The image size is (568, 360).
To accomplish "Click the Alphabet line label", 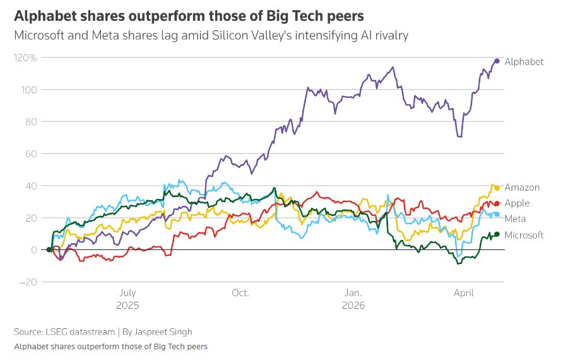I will [524, 61].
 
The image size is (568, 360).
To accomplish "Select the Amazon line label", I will [522, 188].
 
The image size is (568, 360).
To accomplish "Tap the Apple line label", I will [517, 203].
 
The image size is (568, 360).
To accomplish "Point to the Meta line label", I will [516, 219].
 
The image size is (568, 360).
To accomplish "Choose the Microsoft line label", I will [524, 235].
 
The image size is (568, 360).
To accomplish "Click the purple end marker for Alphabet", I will [497, 61].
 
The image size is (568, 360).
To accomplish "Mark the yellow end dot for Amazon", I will [497, 188].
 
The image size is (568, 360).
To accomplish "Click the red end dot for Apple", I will [497, 203].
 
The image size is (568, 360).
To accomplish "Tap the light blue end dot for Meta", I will [497, 215].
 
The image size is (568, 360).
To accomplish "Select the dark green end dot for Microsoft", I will [497, 234].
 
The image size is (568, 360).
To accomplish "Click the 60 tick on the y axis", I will [31, 153].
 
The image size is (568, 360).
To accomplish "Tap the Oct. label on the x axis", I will [240, 293].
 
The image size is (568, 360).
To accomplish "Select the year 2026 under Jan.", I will [353, 304].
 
